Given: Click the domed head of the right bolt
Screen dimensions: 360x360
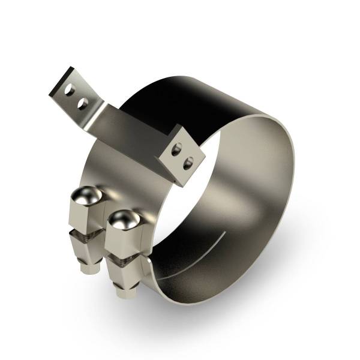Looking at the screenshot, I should (121, 219).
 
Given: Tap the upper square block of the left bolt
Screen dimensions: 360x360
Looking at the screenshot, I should (86, 213).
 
